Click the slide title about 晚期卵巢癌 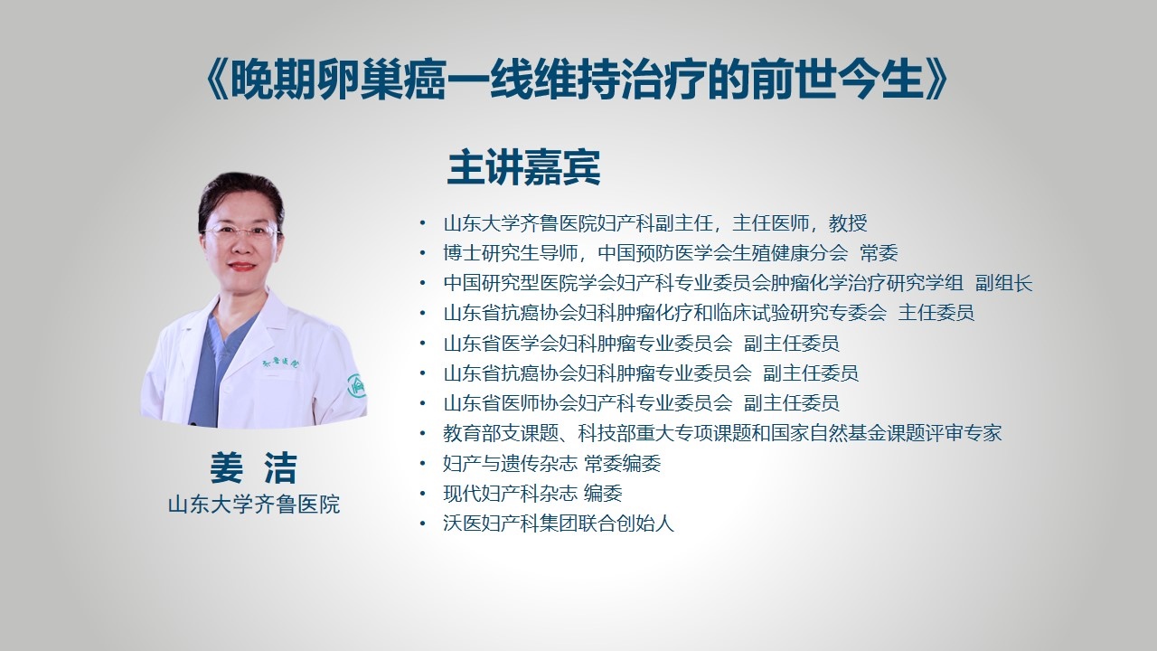coord(577,80)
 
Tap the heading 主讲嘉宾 coord(523,167)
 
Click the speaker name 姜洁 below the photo coord(254,467)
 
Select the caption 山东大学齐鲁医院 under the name coord(254,505)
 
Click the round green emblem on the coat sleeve coord(356,386)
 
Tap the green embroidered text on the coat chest coord(280,364)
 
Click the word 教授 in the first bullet coord(848,223)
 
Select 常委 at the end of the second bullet coord(880,253)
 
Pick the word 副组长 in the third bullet coord(1003,283)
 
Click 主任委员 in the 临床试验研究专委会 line coord(936,313)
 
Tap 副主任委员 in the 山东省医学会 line coord(791,343)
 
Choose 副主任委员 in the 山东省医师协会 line coord(791,403)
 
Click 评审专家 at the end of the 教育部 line coord(964,433)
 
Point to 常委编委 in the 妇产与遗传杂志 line coord(623,464)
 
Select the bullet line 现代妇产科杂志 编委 coord(532,494)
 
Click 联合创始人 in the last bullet coord(626,524)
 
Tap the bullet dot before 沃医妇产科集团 coord(423,524)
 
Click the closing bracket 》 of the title coord(936,80)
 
